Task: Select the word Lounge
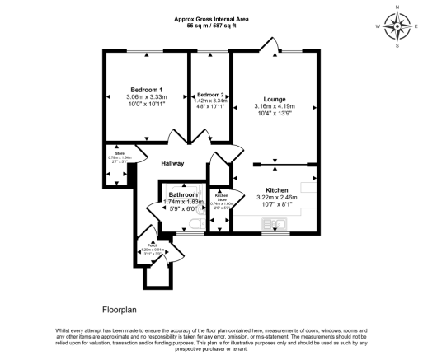coord(275,98)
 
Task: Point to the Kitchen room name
coord(276,189)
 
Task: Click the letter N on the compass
coord(397,7)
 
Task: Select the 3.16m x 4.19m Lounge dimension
coord(275,106)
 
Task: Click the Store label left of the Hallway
coord(120,153)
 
